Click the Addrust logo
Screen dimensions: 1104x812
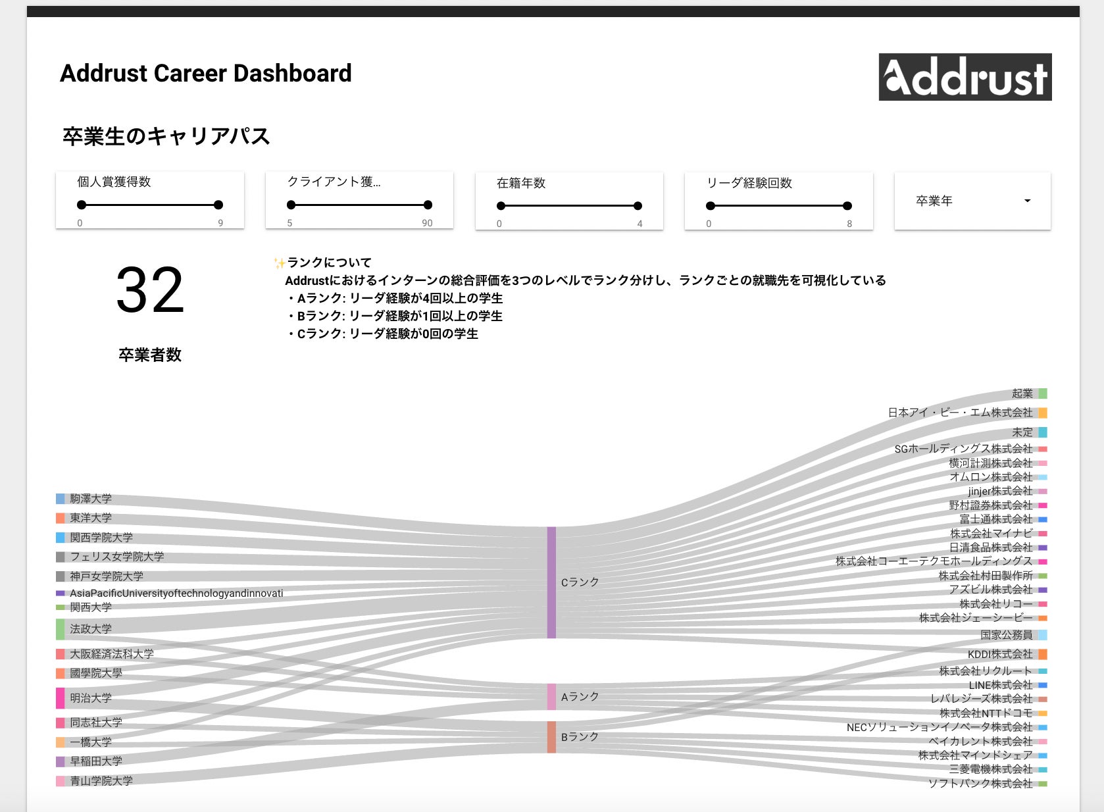click(965, 77)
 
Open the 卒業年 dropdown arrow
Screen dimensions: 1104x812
click(1027, 201)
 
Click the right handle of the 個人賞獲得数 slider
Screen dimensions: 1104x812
click(218, 205)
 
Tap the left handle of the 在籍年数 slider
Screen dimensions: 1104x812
click(501, 206)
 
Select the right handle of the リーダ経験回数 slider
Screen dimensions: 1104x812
click(847, 206)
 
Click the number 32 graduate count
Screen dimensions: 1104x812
click(150, 290)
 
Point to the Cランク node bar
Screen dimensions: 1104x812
click(551, 582)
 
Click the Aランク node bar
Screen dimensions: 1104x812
click(551, 697)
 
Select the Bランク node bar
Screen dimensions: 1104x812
click(551, 737)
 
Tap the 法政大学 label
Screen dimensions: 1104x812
click(91, 629)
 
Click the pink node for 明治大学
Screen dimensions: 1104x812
click(61, 698)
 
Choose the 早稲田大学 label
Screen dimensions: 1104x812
click(96, 761)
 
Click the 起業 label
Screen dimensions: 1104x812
click(1022, 393)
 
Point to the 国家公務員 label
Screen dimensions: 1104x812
click(1006, 635)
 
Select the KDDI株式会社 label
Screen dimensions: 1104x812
click(999, 654)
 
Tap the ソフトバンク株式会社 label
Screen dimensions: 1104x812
click(980, 784)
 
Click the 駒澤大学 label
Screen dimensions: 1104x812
click(91, 499)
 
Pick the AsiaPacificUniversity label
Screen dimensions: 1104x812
click(176, 594)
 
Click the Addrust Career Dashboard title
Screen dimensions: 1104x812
click(206, 73)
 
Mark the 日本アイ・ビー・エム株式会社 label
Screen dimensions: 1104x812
click(960, 413)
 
